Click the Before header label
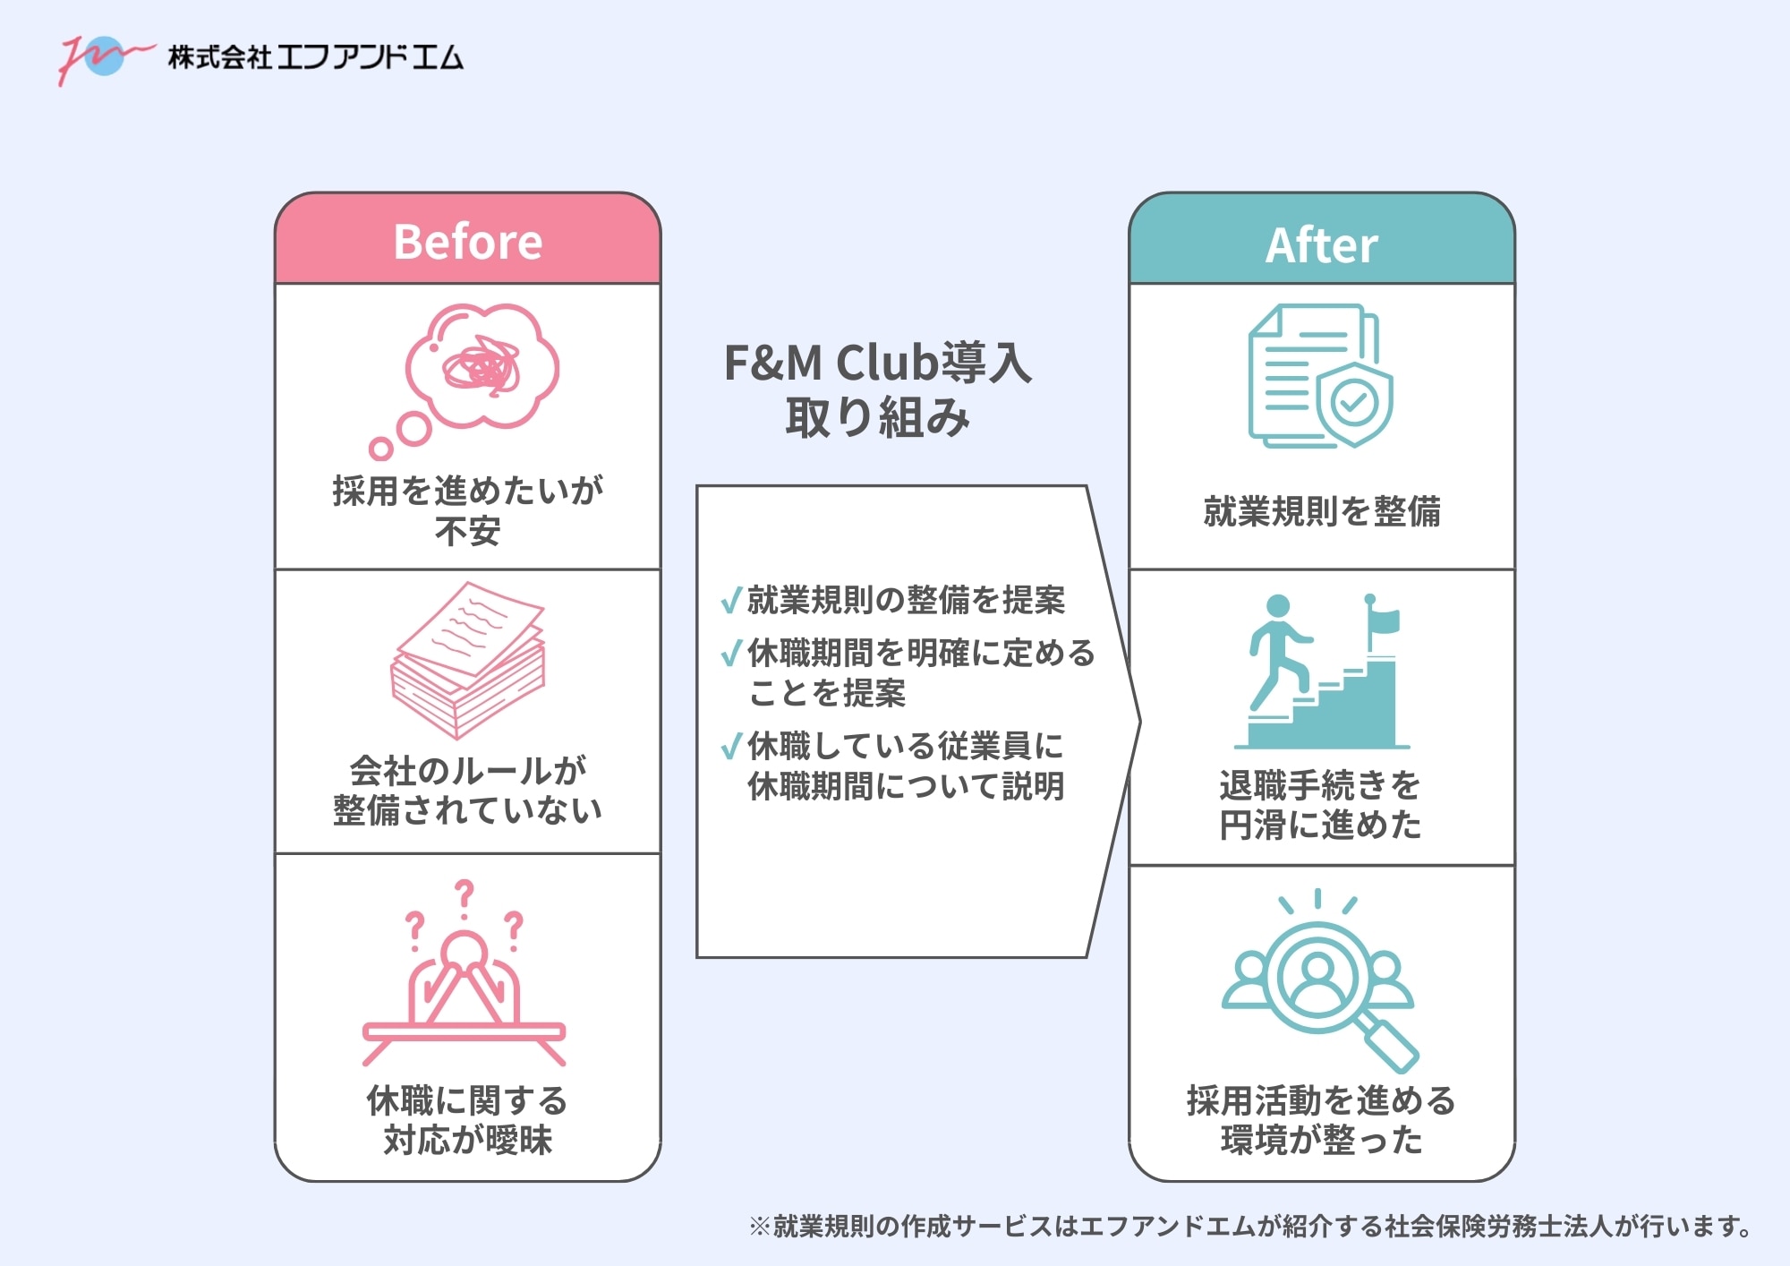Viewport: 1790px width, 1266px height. (x=467, y=242)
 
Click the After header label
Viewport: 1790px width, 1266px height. (x=1321, y=245)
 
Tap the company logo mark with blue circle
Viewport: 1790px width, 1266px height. (x=103, y=57)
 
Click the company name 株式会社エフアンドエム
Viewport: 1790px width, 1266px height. (x=315, y=58)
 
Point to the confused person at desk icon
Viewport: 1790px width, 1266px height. (x=464, y=994)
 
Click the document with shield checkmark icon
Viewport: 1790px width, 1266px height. (x=1320, y=376)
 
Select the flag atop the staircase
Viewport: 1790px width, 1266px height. (x=1384, y=619)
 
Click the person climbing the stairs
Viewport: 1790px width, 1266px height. (x=1277, y=649)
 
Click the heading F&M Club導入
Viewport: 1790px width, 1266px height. (x=877, y=363)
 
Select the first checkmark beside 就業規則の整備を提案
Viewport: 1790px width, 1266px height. (x=731, y=599)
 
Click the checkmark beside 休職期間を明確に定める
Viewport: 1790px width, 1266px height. (x=731, y=653)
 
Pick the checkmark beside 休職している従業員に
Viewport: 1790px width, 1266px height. (x=731, y=745)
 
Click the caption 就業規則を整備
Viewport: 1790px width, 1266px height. (x=1321, y=511)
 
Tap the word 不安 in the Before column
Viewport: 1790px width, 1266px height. (x=467, y=532)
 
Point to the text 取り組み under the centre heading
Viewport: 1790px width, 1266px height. (x=877, y=418)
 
